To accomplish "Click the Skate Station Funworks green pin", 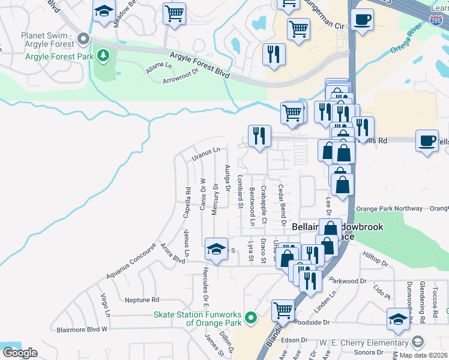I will point(252,317).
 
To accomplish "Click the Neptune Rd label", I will point(142,299).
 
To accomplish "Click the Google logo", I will point(20,353).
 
